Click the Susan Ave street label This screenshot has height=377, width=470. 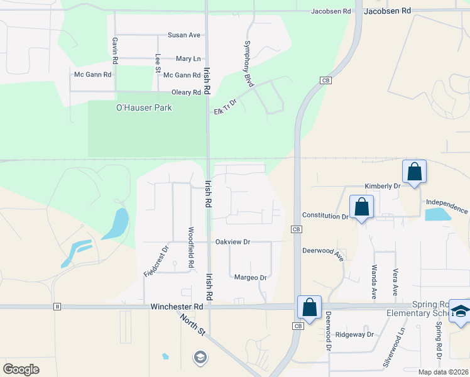coord(183,35)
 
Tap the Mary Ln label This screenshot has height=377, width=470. coord(188,58)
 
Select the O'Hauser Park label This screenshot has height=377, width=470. coord(144,107)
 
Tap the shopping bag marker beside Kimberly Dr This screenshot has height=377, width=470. coord(415,172)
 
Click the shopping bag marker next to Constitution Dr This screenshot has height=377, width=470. coord(362,207)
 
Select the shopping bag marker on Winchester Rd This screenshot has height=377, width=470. coord(309,307)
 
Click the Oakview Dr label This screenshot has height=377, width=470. coord(232,241)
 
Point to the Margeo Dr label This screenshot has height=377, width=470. coord(250,277)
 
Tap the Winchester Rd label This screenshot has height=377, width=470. coord(177,307)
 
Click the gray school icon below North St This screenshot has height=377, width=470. coord(200,358)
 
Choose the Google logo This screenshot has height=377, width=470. coord(21,369)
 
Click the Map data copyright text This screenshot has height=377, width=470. coord(443,372)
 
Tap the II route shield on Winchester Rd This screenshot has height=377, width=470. coord(57,307)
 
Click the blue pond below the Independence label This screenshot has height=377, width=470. coord(437,214)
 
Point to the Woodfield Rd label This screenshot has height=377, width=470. coord(190,248)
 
